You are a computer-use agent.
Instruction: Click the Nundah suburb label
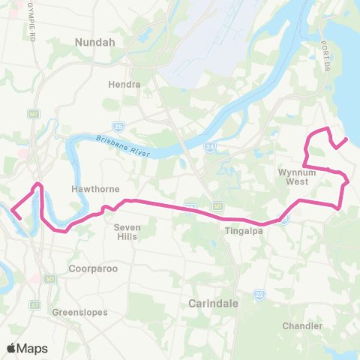click(x=94, y=43)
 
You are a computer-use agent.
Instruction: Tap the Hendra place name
click(x=124, y=84)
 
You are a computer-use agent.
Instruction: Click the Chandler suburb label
click(x=303, y=325)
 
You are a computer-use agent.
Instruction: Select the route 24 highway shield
click(x=211, y=147)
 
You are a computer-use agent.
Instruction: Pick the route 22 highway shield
click(x=259, y=294)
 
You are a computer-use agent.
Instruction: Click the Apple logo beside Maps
click(x=11, y=348)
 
